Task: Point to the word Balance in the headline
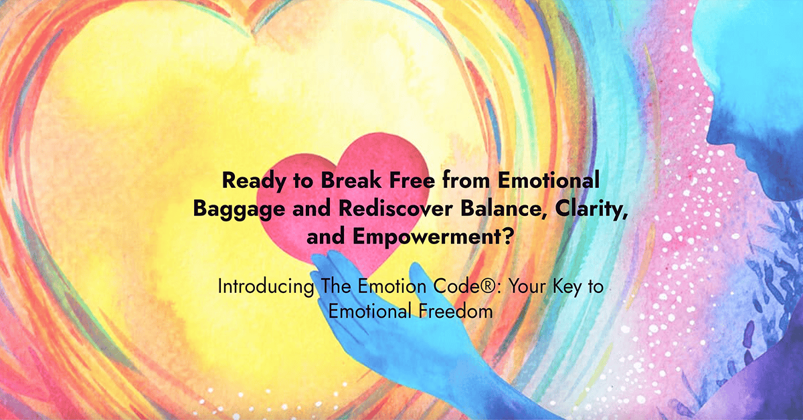pyautogui.click(x=480, y=209)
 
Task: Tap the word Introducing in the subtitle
pyautogui.click(x=256, y=287)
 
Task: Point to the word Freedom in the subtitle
pyautogui.click(x=448, y=312)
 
